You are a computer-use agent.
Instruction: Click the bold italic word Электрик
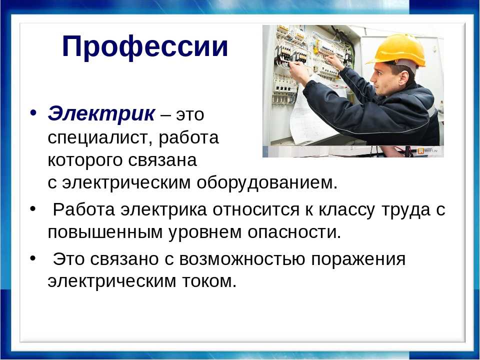click(101, 113)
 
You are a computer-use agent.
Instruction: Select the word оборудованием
click(267, 183)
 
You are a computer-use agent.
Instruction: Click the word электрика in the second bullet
click(163, 209)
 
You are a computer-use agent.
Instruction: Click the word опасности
click(294, 232)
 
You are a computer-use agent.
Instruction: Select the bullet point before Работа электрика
click(33, 208)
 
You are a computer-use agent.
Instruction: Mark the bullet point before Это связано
click(33, 258)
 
